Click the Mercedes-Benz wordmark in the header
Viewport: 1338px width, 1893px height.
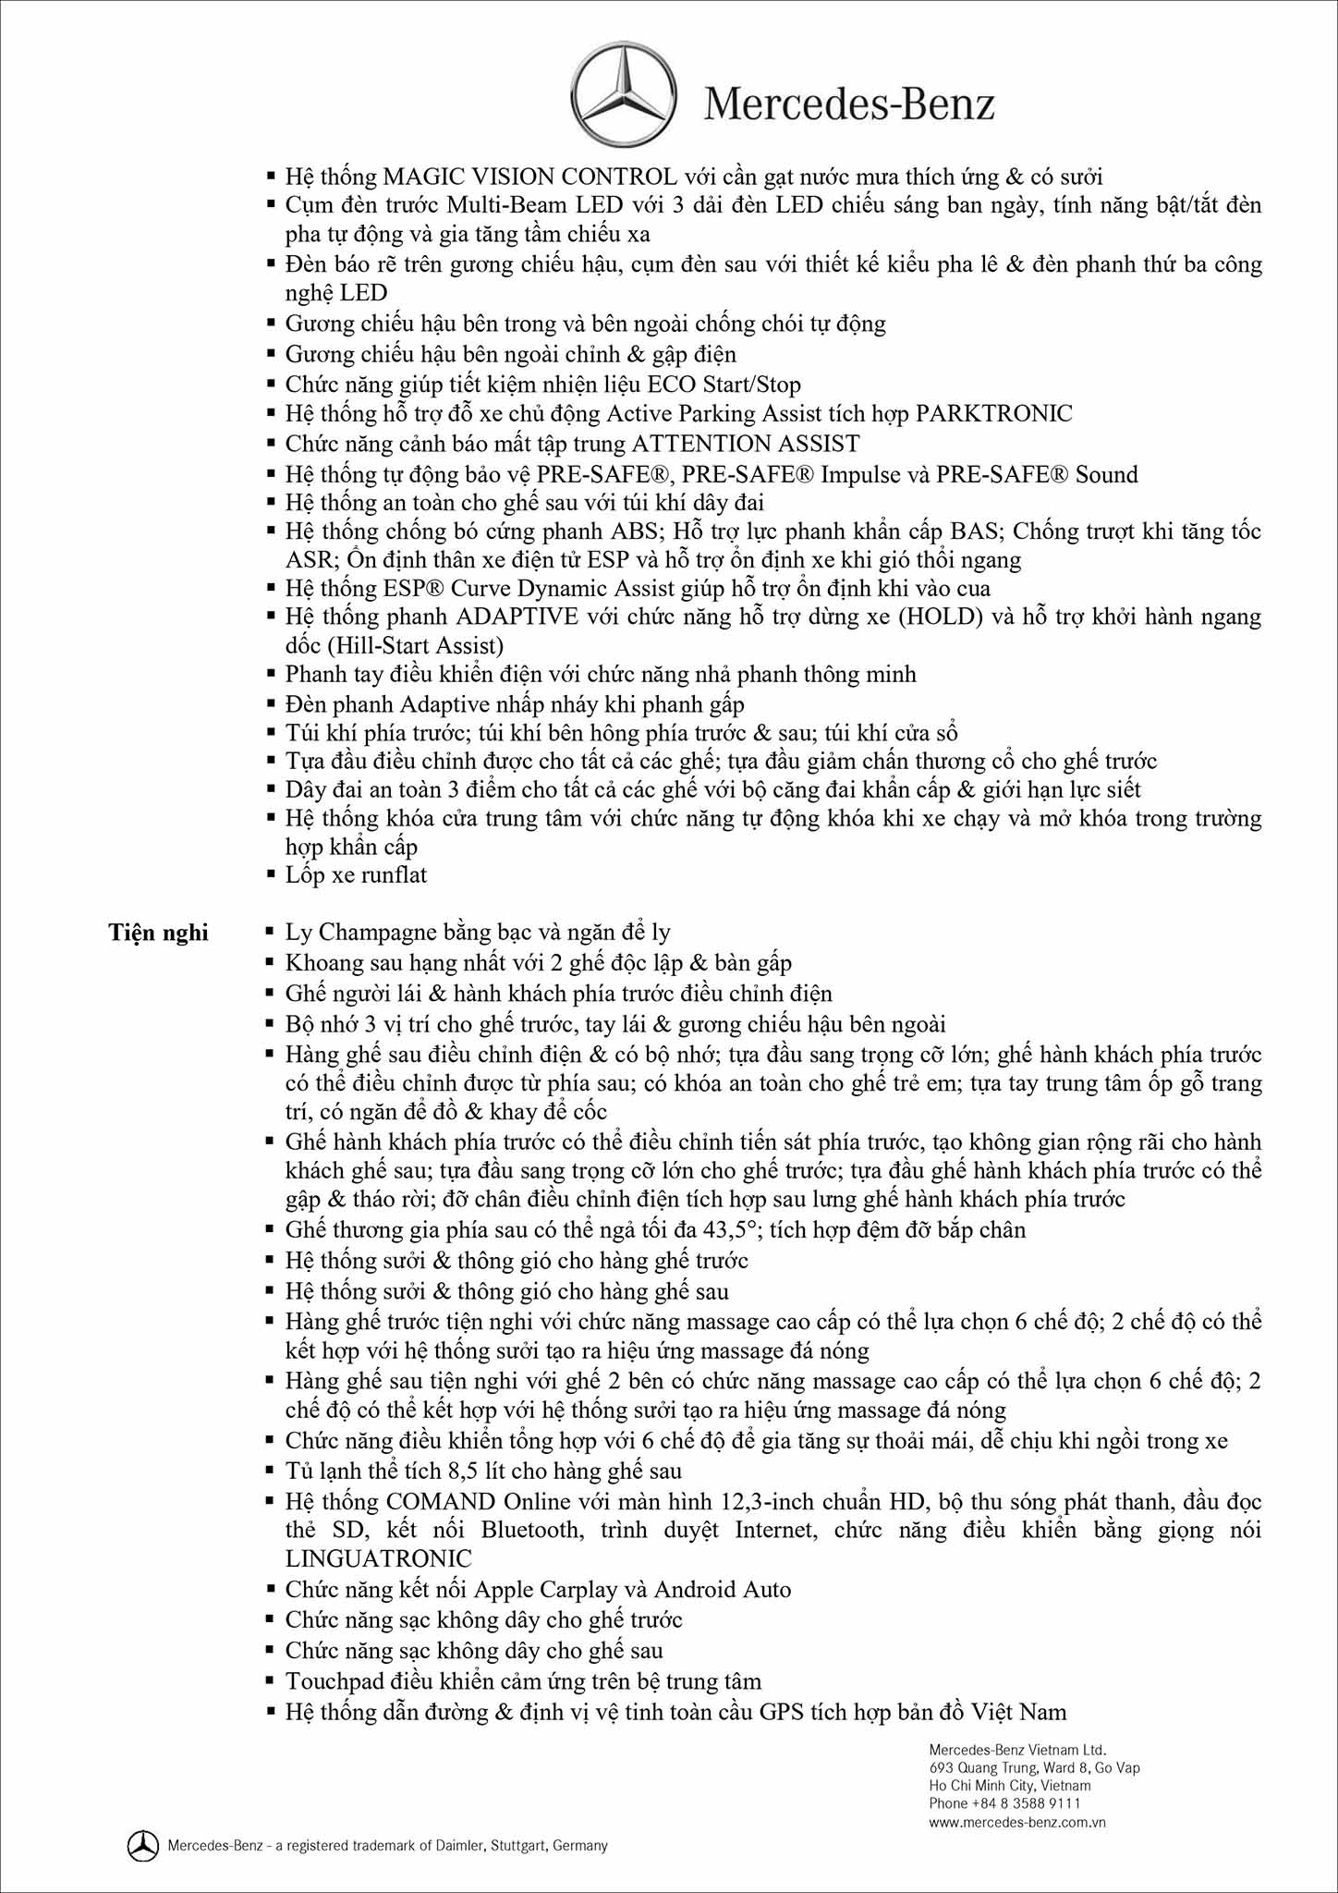point(849,104)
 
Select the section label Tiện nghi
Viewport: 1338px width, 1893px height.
point(158,932)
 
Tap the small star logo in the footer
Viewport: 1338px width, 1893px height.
point(142,1846)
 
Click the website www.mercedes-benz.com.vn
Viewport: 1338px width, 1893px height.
point(1017,1823)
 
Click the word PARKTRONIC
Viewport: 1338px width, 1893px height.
point(993,413)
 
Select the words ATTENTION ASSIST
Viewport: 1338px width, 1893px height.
point(745,444)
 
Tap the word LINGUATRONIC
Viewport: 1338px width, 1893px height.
point(379,1558)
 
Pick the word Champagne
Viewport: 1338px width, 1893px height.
point(395,932)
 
